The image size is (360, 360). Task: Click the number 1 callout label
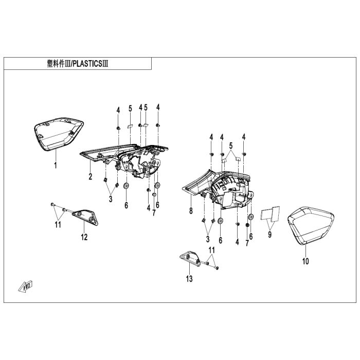point(56,166)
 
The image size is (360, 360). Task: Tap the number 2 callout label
point(90,177)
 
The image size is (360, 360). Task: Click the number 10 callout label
point(305,261)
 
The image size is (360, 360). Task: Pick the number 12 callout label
point(84,237)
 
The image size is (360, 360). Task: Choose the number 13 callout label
point(189,279)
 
